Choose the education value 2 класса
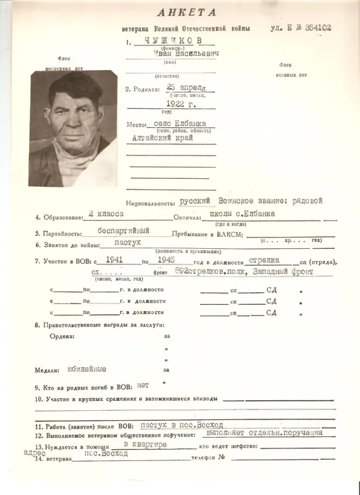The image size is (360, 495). (105, 213)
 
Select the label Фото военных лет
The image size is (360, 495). (291, 69)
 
